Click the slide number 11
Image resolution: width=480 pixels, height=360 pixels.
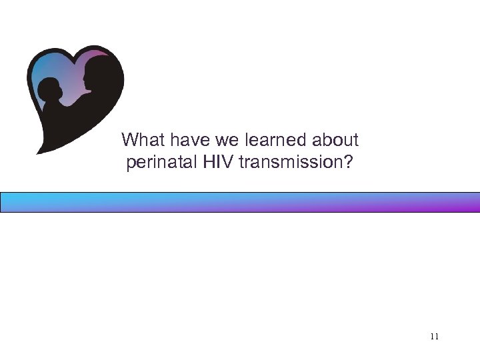tap(434, 337)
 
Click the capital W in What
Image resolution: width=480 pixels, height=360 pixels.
tap(129, 140)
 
